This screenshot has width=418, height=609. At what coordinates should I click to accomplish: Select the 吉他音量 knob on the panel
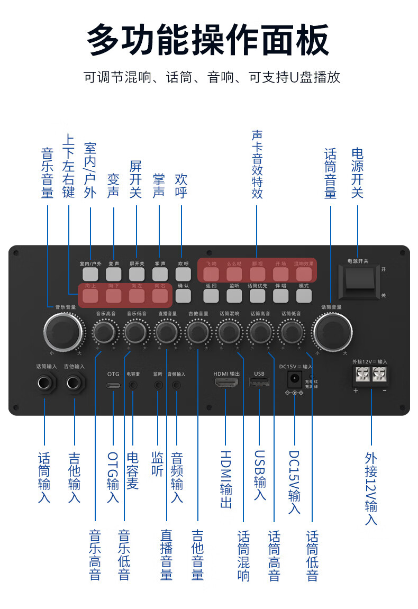tap(198, 332)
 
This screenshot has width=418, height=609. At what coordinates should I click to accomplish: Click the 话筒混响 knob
tap(229, 332)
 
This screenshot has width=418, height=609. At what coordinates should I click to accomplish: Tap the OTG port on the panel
tap(113, 385)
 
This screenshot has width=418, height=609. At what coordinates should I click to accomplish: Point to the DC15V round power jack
tap(294, 379)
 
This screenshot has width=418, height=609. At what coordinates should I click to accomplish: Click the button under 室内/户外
tap(90, 274)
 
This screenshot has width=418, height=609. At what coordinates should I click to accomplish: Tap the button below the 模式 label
tap(304, 296)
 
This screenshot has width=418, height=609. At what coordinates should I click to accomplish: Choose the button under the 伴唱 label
tap(280, 296)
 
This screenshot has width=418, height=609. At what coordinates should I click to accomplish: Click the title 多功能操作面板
tap(208, 40)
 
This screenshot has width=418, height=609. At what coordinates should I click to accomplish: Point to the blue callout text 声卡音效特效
tap(257, 164)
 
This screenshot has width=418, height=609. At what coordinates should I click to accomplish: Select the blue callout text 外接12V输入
tap(371, 488)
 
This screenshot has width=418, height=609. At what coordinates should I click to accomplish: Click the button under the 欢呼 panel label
tap(183, 274)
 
